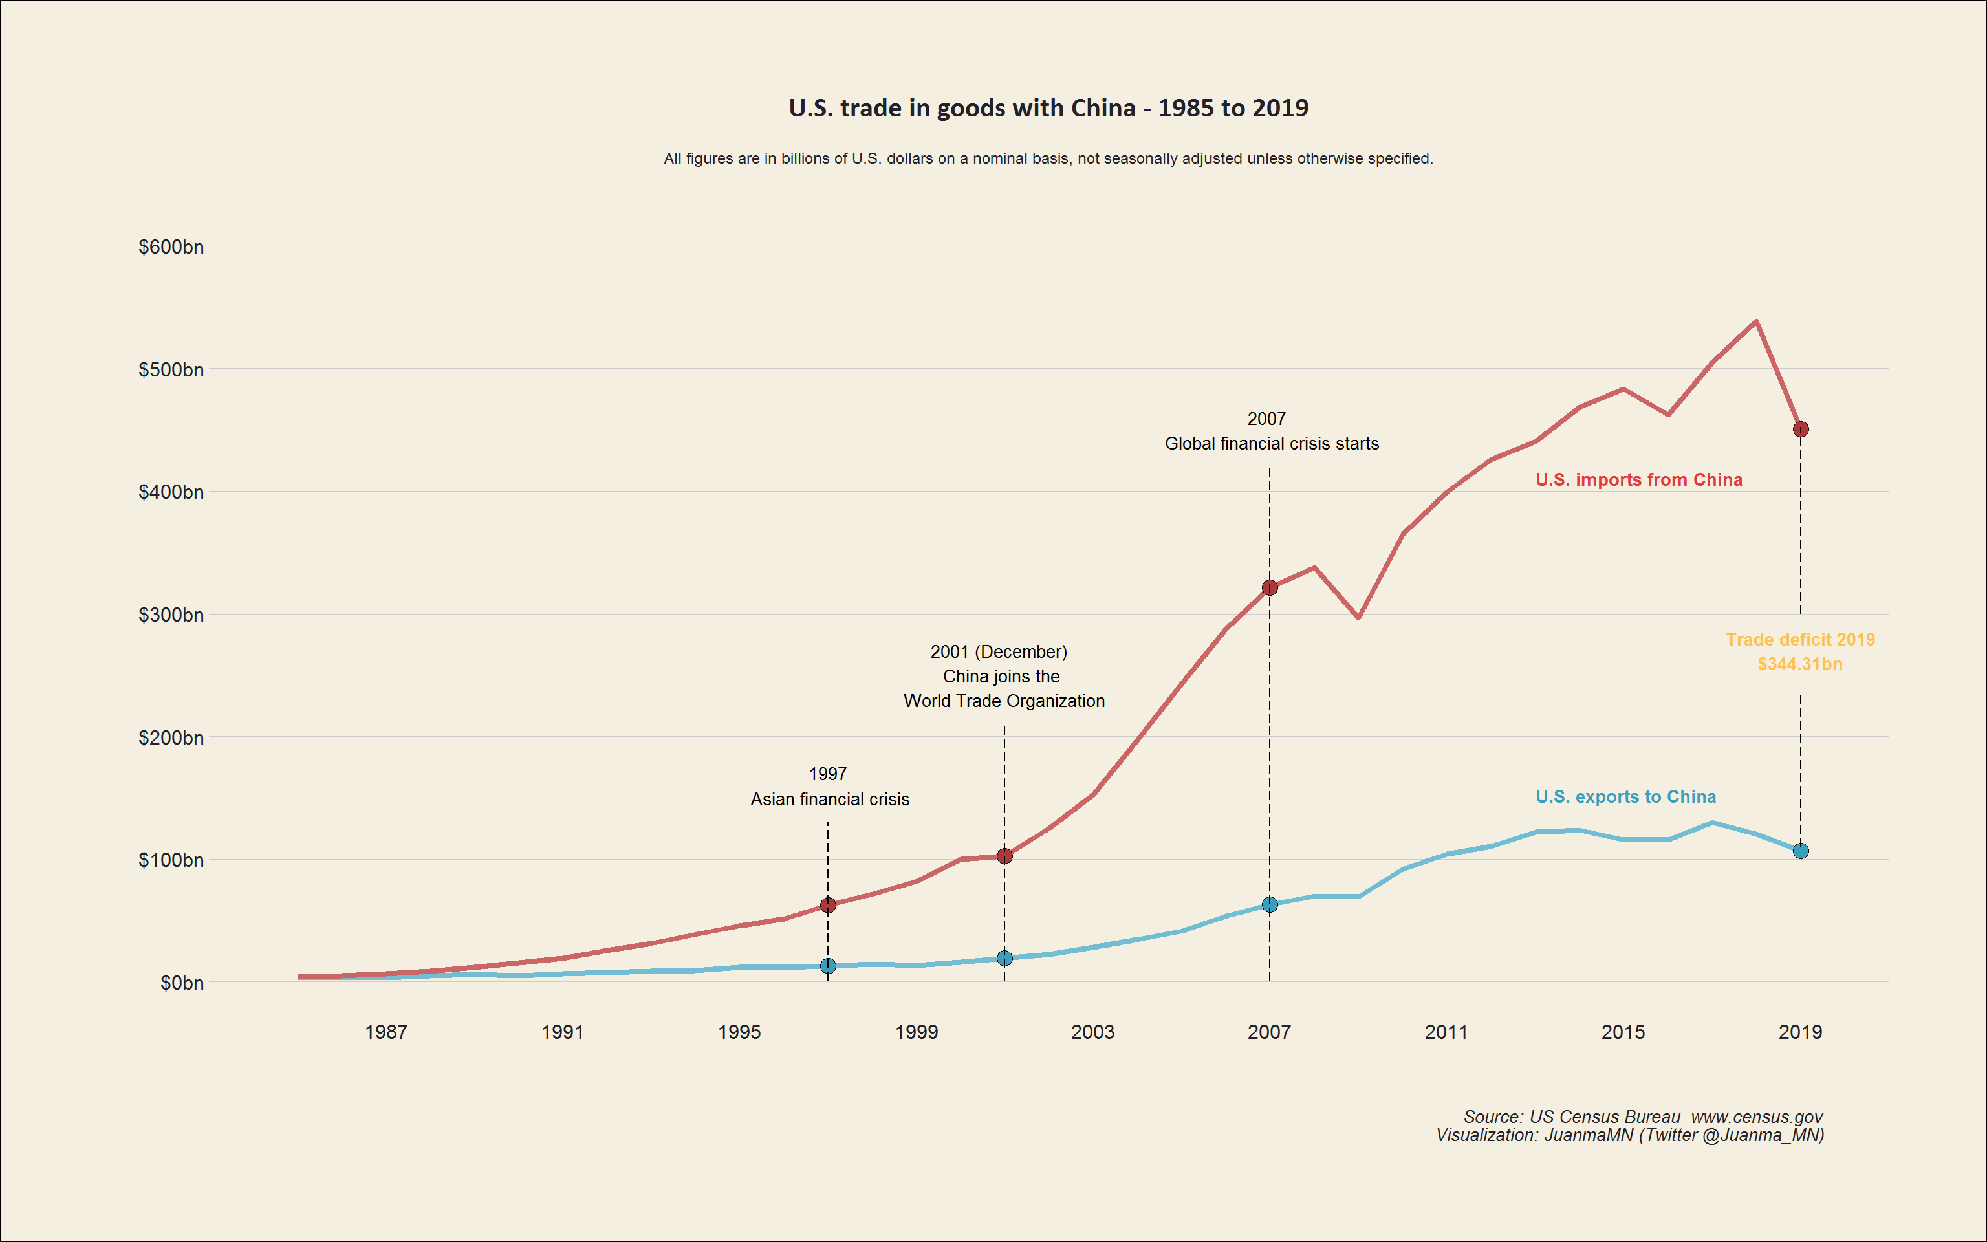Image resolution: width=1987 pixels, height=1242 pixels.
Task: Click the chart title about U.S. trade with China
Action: tap(1048, 107)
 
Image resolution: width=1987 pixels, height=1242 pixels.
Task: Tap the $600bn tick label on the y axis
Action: tap(171, 246)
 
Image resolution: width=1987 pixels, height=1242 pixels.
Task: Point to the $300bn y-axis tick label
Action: tap(171, 615)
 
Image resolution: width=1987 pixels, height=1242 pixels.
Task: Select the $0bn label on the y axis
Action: tap(182, 983)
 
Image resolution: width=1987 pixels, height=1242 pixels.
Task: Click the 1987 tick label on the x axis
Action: tap(386, 1032)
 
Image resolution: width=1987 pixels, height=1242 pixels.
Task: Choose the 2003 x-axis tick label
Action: tap(1093, 1032)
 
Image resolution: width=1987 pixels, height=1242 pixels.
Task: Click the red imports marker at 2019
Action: tap(1801, 429)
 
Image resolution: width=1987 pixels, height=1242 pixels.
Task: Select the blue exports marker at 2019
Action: tap(1801, 851)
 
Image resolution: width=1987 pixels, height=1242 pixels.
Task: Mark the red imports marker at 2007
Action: tap(1270, 587)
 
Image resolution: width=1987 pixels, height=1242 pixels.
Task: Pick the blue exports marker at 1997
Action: tap(828, 966)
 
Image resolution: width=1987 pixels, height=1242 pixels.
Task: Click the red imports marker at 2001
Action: tap(1004, 856)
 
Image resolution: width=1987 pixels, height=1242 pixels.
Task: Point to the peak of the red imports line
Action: tap(1755, 321)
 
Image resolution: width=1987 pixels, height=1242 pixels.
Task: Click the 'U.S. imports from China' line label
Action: tap(1639, 480)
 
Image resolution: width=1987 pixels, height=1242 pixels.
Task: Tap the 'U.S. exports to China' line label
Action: tap(1625, 797)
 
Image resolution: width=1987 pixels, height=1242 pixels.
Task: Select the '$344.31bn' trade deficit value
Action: tap(1800, 664)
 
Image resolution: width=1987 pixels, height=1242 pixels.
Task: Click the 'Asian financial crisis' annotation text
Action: tap(829, 800)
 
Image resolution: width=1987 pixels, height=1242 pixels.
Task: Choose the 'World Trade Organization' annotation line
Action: tap(1004, 701)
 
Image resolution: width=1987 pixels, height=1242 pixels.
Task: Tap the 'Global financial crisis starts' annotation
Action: tap(1272, 444)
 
